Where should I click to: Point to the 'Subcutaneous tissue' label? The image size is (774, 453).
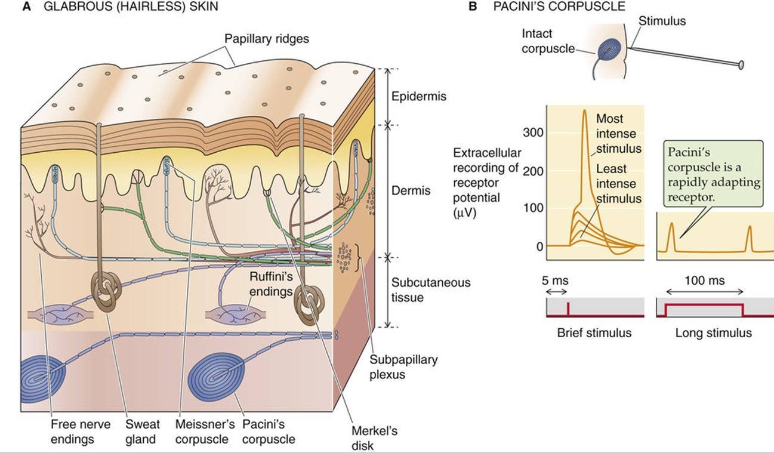click(430, 289)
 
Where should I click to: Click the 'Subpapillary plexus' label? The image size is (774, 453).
click(403, 367)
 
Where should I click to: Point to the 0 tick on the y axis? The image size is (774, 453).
click(539, 246)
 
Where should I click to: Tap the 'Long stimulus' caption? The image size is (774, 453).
click(713, 333)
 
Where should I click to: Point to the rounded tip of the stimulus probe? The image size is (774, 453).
click(741, 64)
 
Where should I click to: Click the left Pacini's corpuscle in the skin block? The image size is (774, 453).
click(42, 378)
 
